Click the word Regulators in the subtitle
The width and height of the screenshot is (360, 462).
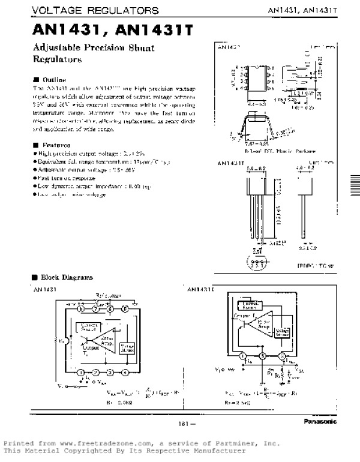57,60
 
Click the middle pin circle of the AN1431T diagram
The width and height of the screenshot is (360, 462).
262,356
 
